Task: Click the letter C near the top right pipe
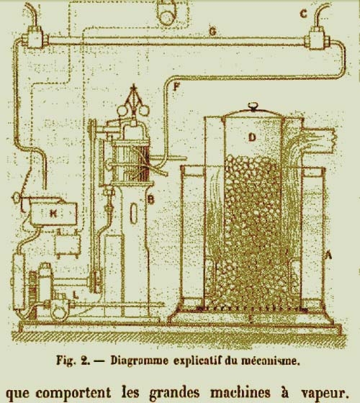pos(303,14)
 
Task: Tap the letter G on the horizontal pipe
pos(213,32)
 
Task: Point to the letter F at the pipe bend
pos(176,86)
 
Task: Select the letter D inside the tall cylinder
pos(252,137)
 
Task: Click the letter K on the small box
pos(53,213)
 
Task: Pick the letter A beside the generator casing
pos(328,255)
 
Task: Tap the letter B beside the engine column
pos(151,199)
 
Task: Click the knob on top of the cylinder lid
pos(253,107)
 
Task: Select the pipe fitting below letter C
pos(317,38)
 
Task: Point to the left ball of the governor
pos(122,111)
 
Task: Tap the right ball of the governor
pos(144,110)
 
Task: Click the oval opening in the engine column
pos(134,212)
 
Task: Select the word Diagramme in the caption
pos(139,361)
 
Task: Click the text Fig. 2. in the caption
pos(73,361)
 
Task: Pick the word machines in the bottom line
pos(240,392)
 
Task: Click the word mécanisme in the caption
pos(271,361)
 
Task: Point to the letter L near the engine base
pos(75,294)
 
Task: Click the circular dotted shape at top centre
pos(167,15)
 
